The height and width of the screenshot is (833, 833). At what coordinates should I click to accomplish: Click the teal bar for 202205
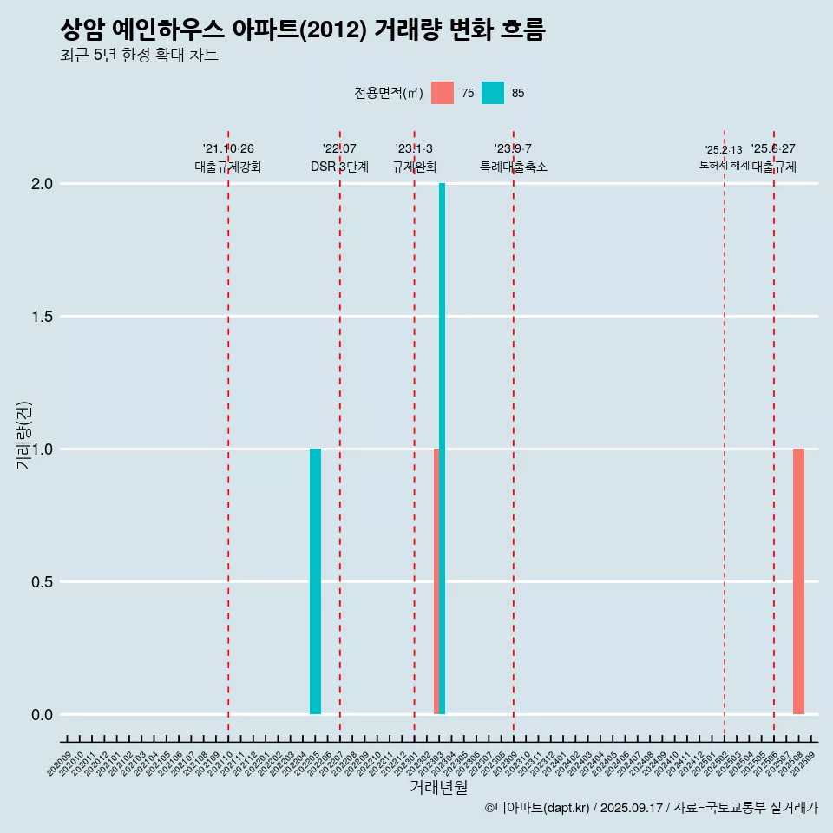click(315, 581)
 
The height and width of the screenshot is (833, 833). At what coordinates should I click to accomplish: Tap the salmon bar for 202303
click(436, 581)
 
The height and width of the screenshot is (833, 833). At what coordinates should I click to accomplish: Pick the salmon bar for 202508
click(798, 581)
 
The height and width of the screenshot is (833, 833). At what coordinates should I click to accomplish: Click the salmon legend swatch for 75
click(443, 93)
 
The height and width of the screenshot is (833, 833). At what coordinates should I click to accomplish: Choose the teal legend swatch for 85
click(493, 93)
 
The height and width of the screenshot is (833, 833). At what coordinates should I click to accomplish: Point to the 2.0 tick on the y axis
click(43, 184)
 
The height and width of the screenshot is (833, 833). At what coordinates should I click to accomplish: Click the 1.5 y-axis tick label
click(43, 317)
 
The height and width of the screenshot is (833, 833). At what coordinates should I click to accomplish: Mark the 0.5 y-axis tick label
click(43, 582)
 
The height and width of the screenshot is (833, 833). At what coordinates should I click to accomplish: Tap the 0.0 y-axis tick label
click(43, 715)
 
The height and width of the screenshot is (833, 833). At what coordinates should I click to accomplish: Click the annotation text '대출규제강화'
click(227, 167)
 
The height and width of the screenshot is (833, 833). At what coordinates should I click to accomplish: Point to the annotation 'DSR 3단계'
click(339, 167)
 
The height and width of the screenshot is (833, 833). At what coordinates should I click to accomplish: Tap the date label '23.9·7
click(513, 149)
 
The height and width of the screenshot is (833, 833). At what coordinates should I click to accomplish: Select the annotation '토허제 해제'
click(724, 165)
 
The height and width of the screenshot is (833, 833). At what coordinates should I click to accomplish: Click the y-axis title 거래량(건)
click(24, 435)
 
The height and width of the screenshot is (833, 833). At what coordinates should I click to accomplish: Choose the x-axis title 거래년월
click(438, 788)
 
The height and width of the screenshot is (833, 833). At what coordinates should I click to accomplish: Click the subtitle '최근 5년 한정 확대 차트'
click(139, 56)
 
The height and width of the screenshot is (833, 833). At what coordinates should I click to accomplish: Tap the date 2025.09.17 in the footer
click(631, 809)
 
